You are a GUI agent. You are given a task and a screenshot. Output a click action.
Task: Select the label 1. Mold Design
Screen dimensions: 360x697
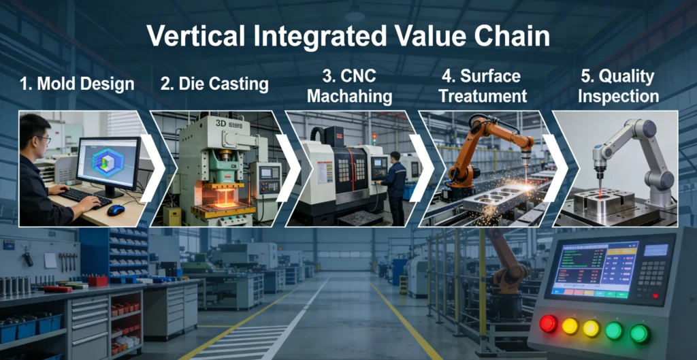pyautogui.click(x=77, y=84)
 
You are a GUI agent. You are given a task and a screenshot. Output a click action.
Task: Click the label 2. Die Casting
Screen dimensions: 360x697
pyautogui.click(x=214, y=84)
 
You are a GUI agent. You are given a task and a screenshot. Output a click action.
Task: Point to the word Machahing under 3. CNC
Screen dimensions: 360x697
pyautogui.click(x=349, y=96)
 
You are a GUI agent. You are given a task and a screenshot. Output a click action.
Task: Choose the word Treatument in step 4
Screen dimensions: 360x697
pyautogui.click(x=483, y=96)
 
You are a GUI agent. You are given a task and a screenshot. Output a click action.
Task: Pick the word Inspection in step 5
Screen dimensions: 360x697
pyautogui.click(x=618, y=96)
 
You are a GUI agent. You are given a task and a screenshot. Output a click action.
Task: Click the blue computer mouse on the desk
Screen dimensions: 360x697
pyautogui.click(x=116, y=210)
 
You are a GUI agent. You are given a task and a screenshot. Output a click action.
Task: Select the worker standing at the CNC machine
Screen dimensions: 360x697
pyautogui.click(x=394, y=184)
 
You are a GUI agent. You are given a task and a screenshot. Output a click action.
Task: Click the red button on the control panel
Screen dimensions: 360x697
pyautogui.click(x=548, y=324)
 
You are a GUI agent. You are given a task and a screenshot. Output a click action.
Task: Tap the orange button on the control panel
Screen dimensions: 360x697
pyautogui.click(x=570, y=327)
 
